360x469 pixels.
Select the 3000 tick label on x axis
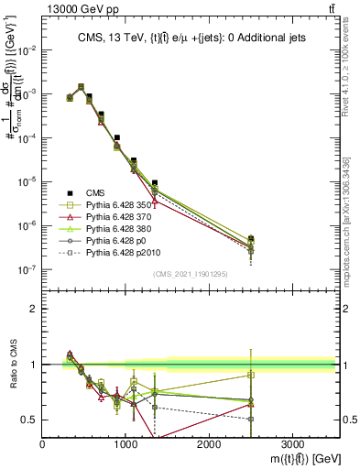(x=292, y=442)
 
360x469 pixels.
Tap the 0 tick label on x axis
(x=43, y=442)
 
